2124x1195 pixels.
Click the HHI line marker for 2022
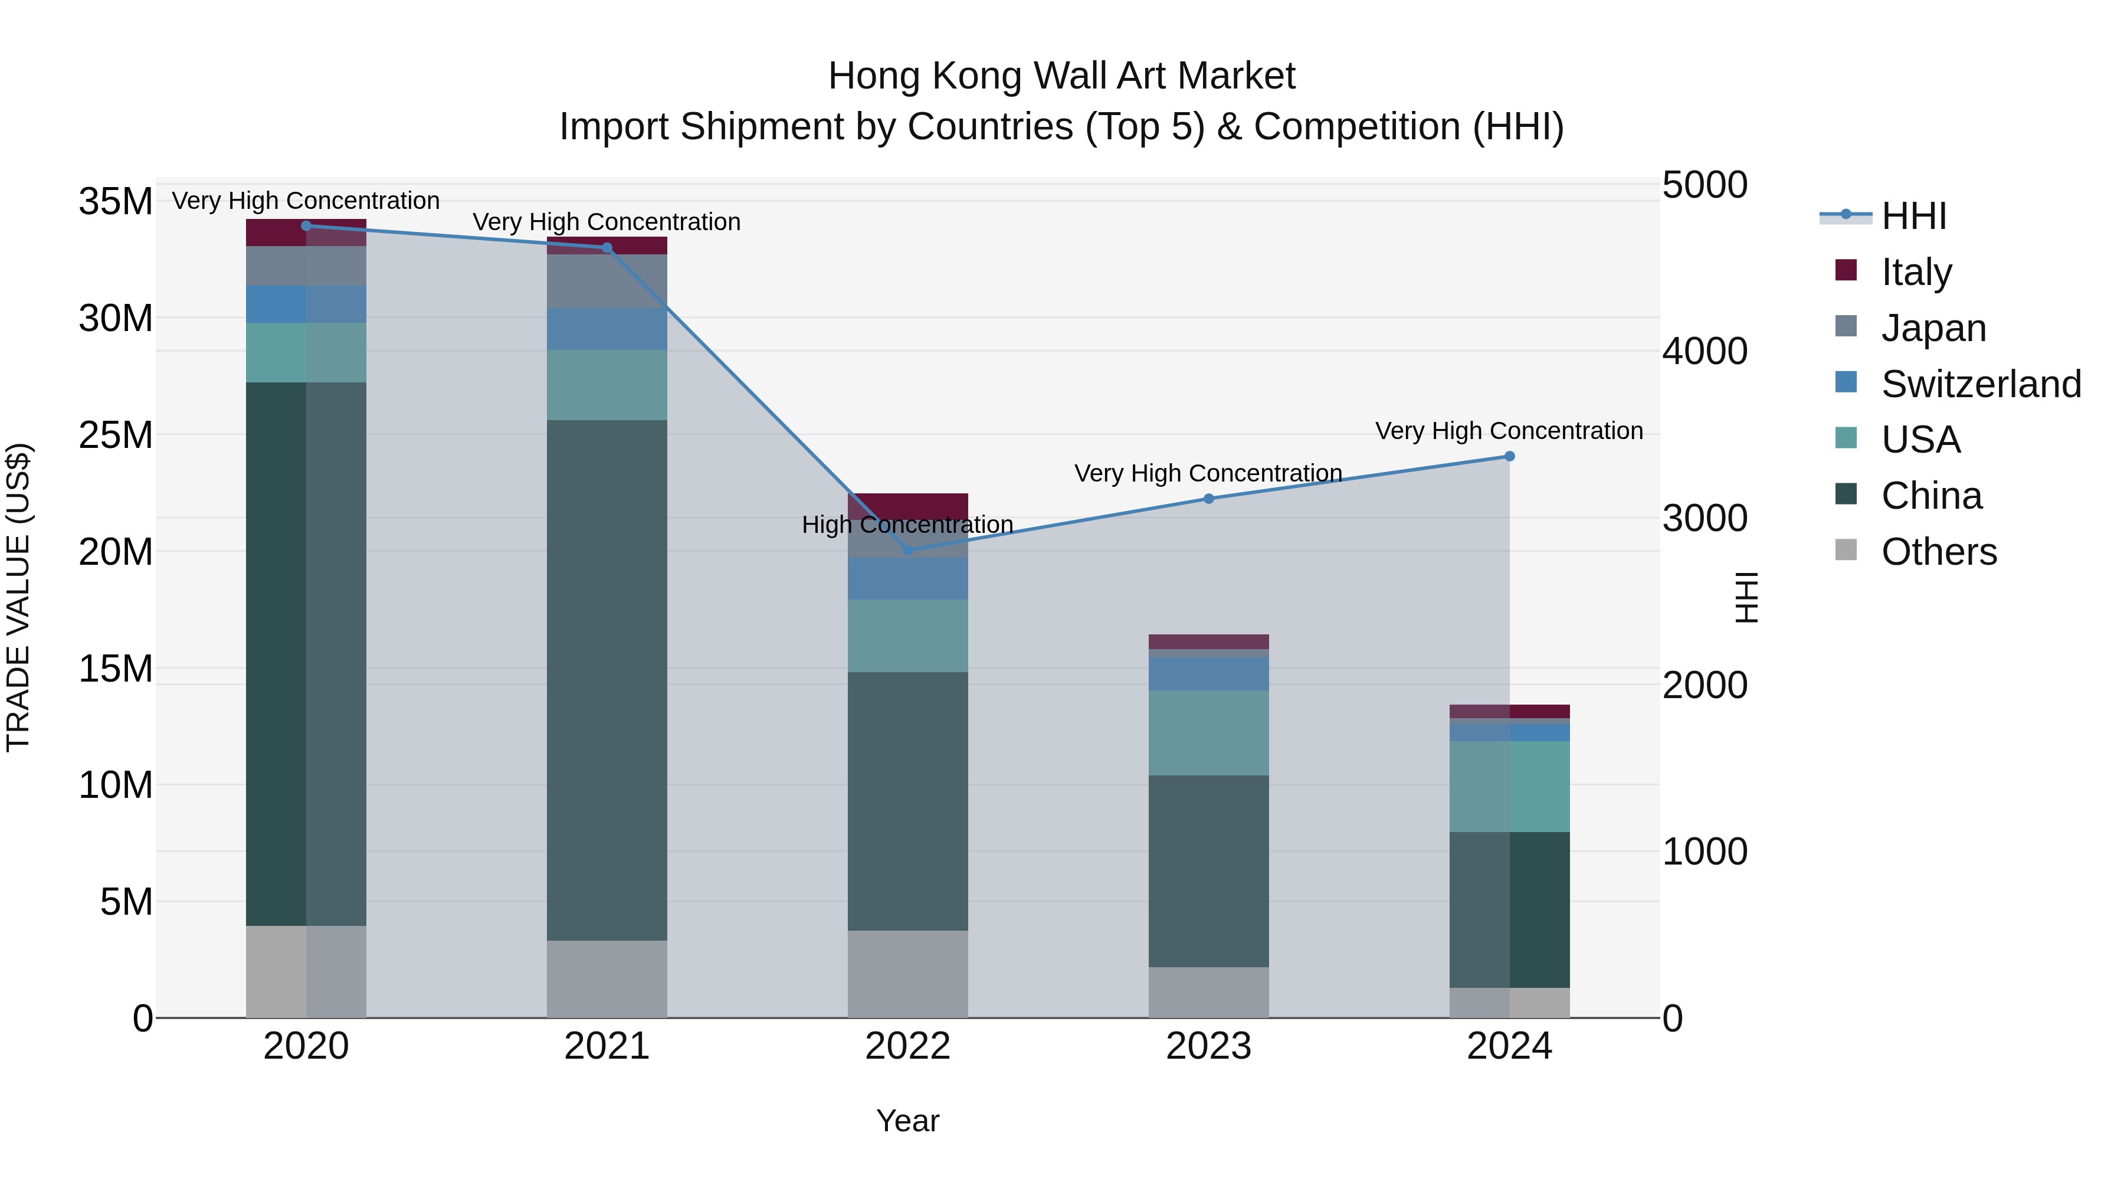[908, 550]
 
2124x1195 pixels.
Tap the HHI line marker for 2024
[1510, 456]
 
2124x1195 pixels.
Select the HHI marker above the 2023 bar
[1209, 498]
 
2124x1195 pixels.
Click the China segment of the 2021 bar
[607, 680]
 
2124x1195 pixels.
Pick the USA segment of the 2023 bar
[1209, 732]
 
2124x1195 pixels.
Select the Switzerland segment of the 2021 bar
[607, 329]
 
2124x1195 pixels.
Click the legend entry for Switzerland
[1981, 384]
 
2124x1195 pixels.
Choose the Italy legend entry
[1916, 272]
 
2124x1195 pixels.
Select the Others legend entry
[1939, 552]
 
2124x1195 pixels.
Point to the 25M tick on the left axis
[116, 434]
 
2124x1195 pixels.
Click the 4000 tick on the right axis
[1705, 351]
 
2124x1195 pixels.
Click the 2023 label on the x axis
[1209, 1046]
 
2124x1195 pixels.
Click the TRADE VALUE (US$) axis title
[18, 597]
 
